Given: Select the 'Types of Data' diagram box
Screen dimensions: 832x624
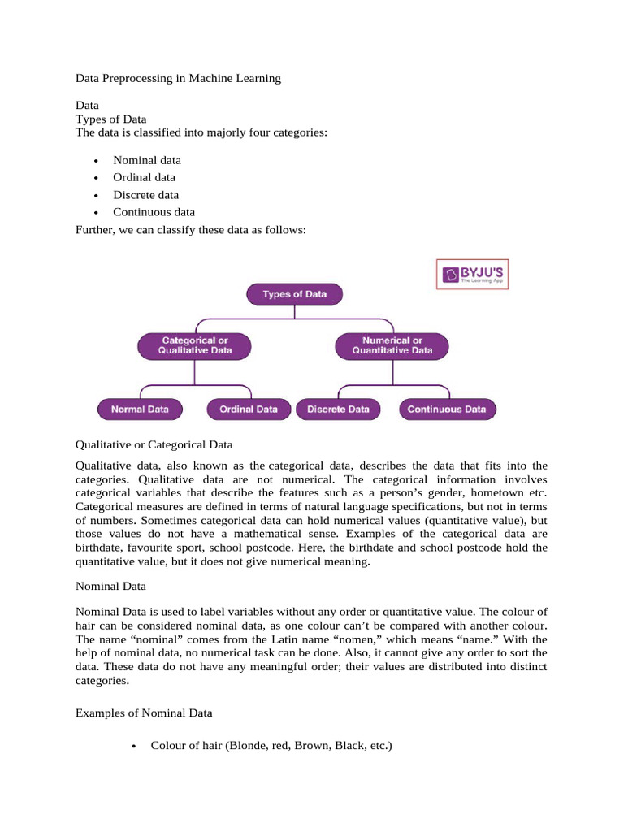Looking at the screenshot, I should (294, 294).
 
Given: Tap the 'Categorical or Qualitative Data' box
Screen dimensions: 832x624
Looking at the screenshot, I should (195, 345).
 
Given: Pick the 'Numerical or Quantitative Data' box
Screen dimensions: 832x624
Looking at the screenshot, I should (392, 345).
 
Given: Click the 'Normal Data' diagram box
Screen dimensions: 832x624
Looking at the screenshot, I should (140, 409).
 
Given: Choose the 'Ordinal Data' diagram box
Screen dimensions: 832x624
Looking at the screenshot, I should (249, 409).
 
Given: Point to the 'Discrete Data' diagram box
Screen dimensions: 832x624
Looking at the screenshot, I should (338, 409).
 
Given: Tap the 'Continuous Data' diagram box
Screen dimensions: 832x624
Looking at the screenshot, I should (447, 409).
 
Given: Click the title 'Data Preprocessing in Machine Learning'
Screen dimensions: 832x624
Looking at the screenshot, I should (178, 78).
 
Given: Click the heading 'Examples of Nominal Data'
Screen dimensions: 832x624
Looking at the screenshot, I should (144, 713).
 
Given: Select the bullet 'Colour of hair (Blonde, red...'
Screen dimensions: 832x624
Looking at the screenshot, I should (271, 743).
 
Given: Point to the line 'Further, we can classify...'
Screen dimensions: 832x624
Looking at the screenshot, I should (191, 230).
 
